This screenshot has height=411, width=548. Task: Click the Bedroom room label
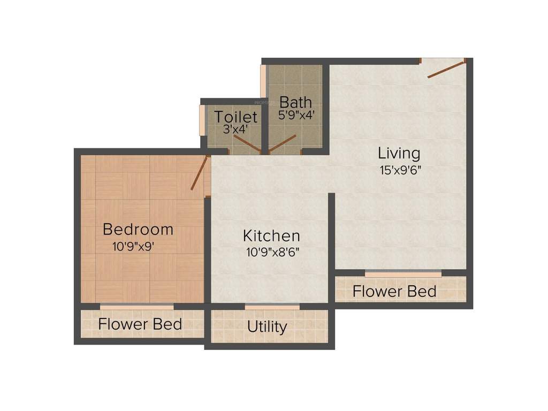138,230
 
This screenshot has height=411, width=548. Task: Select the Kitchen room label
271,235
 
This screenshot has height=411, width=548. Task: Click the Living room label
399,154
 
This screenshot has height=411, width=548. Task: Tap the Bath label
296,102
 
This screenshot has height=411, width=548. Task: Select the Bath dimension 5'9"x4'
296,115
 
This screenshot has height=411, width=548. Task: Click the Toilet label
235,117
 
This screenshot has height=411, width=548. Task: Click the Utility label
267,326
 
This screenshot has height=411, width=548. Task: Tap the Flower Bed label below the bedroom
140,324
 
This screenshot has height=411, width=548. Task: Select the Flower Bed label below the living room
394,292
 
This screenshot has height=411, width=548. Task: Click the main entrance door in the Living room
446,69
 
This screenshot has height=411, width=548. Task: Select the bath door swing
283,143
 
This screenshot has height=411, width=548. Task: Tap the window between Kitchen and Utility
272,307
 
